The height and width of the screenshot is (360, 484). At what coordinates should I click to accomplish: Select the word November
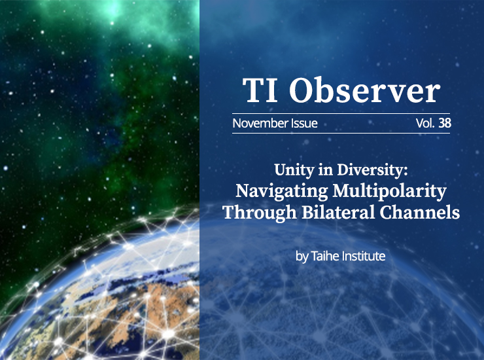pyautogui.click(x=260, y=123)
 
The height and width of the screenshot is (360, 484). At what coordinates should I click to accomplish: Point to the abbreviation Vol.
pyautogui.click(x=425, y=123)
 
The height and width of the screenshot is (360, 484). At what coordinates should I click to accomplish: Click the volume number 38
pyautogui.click(x=445, y=123)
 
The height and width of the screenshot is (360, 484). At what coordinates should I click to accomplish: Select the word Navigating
pyautogui.click(x=281, y=191)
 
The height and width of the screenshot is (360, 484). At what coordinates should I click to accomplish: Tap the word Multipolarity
pyautogui.click(x=390, y=191)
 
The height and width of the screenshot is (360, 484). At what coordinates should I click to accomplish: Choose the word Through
pyautogui.click(x=259, y=213)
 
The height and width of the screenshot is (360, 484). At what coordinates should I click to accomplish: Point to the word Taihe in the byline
pyautogui.click(x=325, y=256)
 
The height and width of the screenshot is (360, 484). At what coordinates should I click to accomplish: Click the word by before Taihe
pyautogui.click(x=302, y=257)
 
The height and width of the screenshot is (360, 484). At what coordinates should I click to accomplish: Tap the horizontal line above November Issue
pyautogui.click(x=341, y=114)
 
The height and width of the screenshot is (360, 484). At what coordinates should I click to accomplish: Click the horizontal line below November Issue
pyautogui.click(x=341, y=133)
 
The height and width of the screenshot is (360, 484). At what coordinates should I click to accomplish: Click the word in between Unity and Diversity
pyautogui.click(x=325, y=170)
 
